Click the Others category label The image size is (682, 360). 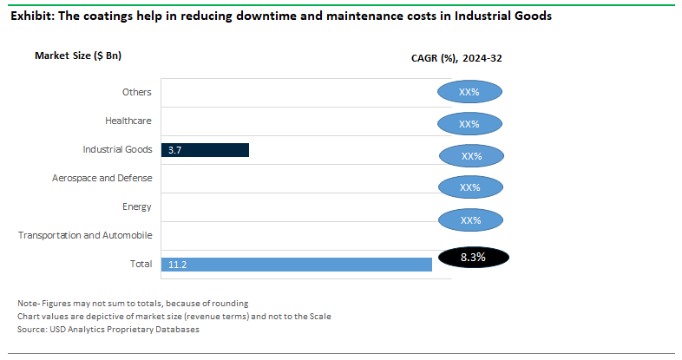tap(137, 92)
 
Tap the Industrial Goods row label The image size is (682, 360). tap(117, 149)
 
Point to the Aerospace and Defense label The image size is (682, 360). tap(102, 178)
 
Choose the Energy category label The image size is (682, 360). tap(137, 206)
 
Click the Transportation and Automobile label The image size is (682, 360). tap(85, 235)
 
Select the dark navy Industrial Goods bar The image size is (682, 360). tap(205, 150)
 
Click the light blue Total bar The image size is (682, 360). tap(296, 264)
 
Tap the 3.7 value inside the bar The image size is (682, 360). tap(174, 150)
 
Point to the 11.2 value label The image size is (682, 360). tap(177, 264)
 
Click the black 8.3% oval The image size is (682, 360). tap(473, 258)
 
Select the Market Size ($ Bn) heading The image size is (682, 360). tap(78, 56)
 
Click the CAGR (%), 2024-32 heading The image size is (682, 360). tap(456, 59)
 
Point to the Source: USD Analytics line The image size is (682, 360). tap(108, 329)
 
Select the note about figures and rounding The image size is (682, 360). tap(133, 303)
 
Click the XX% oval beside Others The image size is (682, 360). tap(470, 92)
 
